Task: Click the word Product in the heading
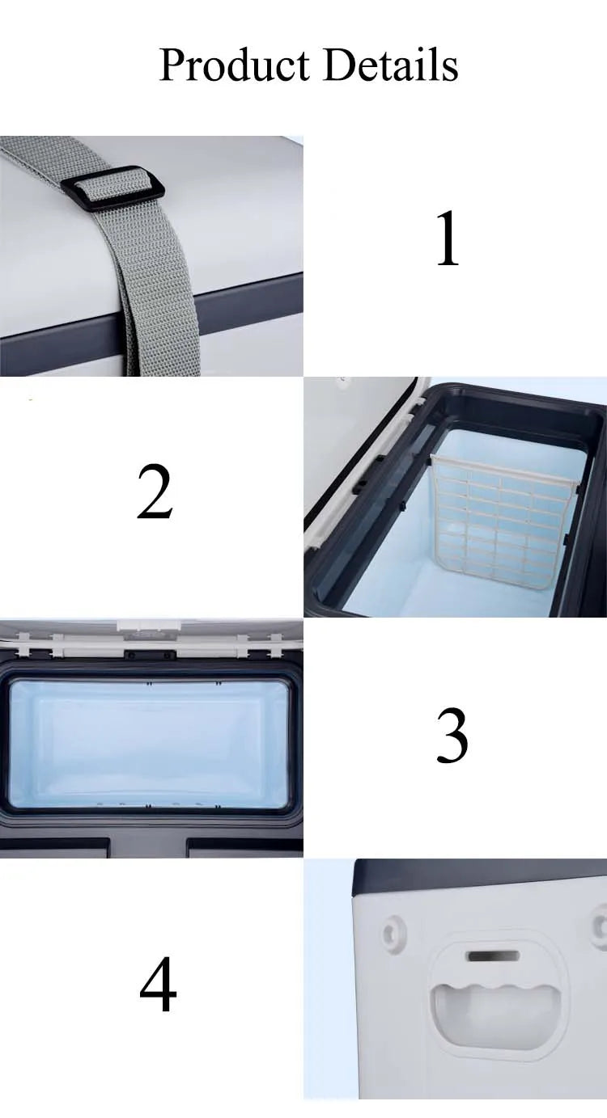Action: [x=234, y=65]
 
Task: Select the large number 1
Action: [x=448, y=241]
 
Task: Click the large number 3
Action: [x=452, y=736]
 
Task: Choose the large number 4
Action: [x=158, y=985]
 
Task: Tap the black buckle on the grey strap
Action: [x=112, y=187]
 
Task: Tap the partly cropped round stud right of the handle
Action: [x=600, y=925]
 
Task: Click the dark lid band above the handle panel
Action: [x=478, y=875]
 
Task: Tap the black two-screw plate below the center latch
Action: [x=148, y=656]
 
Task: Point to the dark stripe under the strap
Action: [x=243, y=311]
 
